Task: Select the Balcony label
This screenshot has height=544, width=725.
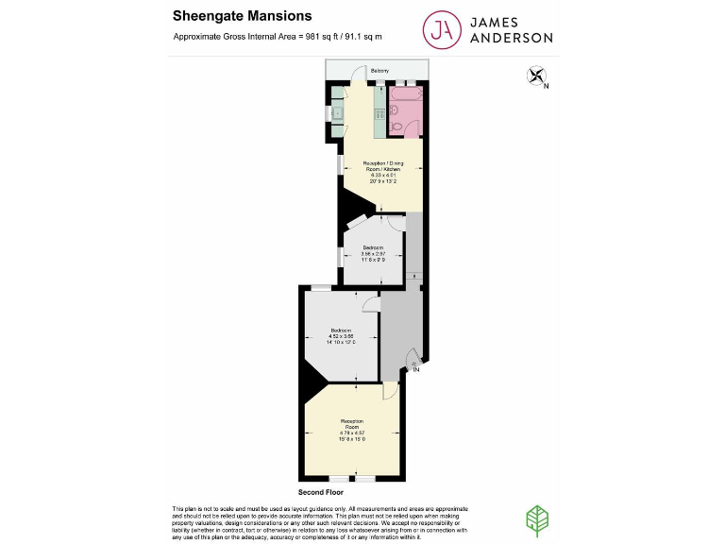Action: click(379, 71)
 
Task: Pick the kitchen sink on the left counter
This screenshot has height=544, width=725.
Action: click(337, 114)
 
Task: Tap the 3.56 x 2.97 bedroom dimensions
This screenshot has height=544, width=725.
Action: click(373, 253)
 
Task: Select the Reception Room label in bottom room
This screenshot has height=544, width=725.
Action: click(352, 423)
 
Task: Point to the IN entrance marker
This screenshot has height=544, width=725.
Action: click(415, 369)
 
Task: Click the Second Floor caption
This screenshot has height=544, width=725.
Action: click(320, 492)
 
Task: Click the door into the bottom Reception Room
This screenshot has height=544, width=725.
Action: click(390, 391)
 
